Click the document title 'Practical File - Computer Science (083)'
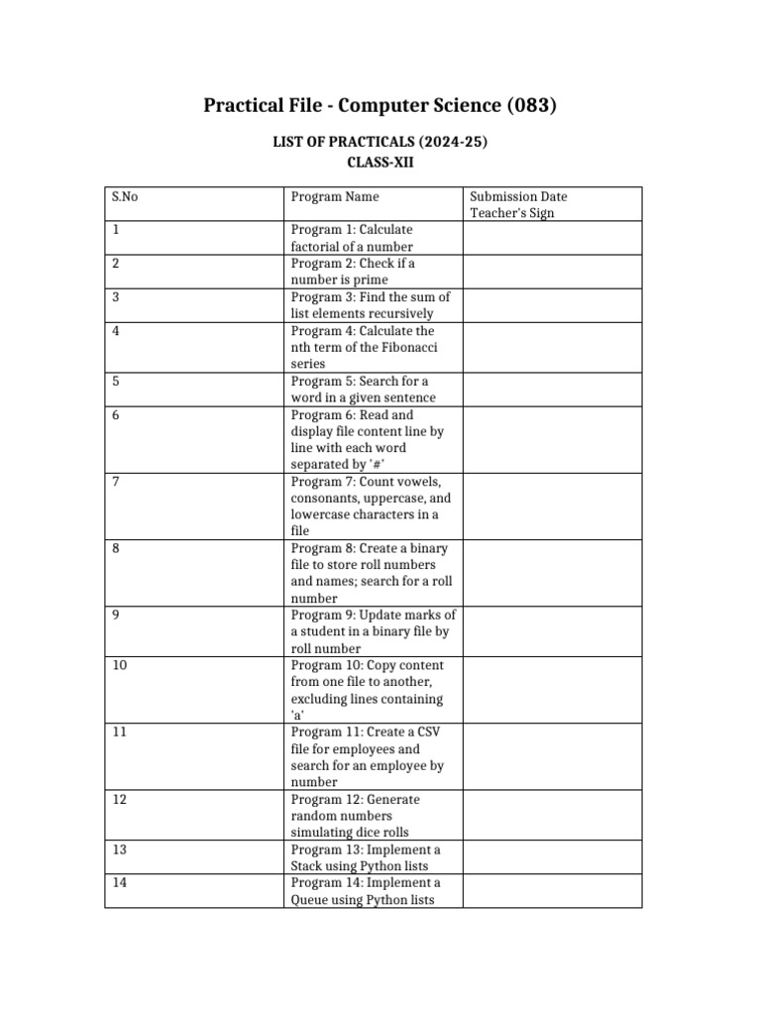[380, 105]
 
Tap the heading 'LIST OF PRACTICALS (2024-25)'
[380, 143]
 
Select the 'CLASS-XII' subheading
[380, 164]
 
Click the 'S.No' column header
[125, 196]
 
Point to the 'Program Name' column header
[335, 196]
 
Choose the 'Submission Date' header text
[518, 196]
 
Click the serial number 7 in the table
[116, 482]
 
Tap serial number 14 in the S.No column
[119, 882]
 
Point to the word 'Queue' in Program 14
[311, 900]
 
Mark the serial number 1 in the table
[116, 230]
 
